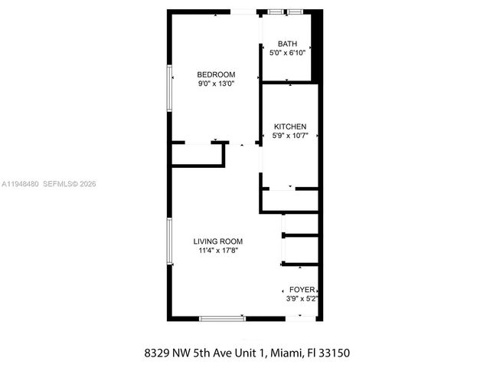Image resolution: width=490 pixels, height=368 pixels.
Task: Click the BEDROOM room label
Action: [x=216, y=74]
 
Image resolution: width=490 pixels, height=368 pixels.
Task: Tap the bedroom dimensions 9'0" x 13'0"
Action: [x=216, y=84]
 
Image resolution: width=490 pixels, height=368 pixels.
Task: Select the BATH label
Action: [x=288, y=44]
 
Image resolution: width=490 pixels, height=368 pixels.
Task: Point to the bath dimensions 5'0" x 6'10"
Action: [x=288, y=53]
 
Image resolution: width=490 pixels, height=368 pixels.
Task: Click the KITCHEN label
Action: [x=290, y=127]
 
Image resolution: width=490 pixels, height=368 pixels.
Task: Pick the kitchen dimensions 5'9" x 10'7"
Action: [x=290, y=136]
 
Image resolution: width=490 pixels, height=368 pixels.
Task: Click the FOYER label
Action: [x=302, y=290]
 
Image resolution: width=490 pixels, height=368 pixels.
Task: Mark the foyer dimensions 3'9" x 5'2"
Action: [x=302, y=298]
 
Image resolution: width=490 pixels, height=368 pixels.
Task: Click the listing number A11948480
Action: [x=21, y=184]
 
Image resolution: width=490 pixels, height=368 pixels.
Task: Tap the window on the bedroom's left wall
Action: [x=170, y=90]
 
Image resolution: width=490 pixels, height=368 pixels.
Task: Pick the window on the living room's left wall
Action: [x=170, y=243]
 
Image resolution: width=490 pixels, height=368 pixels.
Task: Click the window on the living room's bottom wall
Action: [x=222, y=317]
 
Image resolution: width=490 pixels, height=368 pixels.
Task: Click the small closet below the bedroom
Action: [x=197, y=155]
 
